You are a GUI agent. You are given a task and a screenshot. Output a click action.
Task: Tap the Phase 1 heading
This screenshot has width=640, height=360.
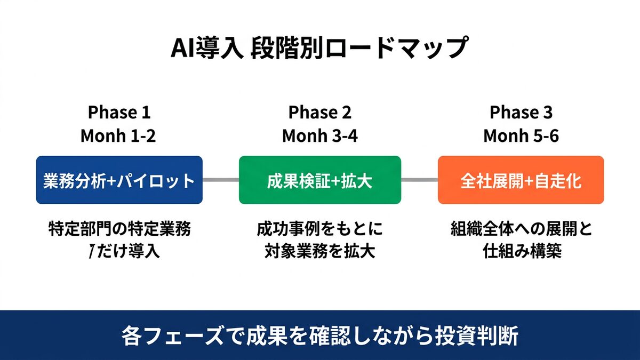pyautogui.click(x=119, y=113)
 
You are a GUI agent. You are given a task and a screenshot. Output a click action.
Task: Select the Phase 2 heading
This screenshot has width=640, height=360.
pyautogui.click(x=319, y=113)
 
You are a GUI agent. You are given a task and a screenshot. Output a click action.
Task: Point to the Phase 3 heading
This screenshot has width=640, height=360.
pyautogui.click(x=521, y=113)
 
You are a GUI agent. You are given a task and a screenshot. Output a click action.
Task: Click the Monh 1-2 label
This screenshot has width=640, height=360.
pyautogui.click(x=118, y=136)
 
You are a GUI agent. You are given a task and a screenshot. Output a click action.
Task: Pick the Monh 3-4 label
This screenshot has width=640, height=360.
pyautogui.click(x=319, y=136)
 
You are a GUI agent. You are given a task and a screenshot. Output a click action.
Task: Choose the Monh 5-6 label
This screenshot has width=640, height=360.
pyautogui.click(x=521, y=136)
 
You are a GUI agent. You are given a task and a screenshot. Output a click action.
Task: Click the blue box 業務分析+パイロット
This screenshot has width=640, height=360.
pyautogui.click(x=119, y=180)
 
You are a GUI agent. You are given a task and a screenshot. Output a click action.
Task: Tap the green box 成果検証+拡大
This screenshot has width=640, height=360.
pyautogui.click(x=319, y=180)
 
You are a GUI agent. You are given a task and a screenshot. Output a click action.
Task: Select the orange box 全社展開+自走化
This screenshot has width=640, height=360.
pyautogui.click(x=521, y=180)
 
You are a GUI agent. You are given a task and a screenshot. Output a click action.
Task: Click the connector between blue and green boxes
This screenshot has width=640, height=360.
pyautogui.click(x=220, y=180)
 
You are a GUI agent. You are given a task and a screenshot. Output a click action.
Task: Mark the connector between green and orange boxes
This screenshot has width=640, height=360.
pyautogui.click(x=419, y=180)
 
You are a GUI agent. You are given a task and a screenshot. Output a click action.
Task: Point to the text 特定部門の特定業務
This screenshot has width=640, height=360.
pyautogui.click(x=119, y=229)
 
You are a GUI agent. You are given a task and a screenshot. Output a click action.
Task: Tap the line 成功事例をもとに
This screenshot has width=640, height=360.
pyautogui.click(x=319, y=229)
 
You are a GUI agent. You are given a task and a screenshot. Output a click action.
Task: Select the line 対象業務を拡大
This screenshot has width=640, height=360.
pyautogui.click(x=319, y=251)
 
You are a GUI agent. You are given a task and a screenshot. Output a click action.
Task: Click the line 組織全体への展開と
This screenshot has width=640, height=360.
pyautogui.click(x=521, y=229)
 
